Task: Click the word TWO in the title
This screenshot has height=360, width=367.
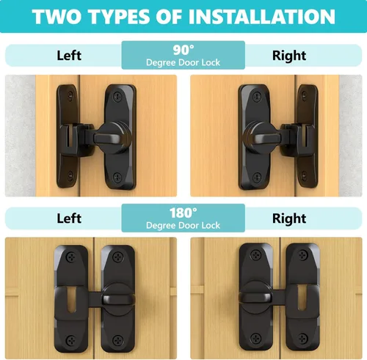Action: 57,17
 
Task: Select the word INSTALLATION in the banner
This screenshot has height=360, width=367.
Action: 261,17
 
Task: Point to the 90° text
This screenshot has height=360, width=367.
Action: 183,50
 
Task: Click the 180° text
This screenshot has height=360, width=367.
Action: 183,213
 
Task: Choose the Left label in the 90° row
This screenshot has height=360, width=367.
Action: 69,56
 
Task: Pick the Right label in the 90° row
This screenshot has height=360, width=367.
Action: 289,56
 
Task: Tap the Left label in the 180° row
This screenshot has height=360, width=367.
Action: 69,218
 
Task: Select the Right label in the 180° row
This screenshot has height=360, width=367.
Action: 289,218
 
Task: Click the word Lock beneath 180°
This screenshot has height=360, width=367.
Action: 211,225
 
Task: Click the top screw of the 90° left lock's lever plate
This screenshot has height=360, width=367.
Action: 118,97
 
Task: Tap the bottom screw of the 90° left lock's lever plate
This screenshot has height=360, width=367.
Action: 118,177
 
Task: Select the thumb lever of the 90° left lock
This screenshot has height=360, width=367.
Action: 106,139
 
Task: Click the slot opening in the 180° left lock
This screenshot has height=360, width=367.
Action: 71,300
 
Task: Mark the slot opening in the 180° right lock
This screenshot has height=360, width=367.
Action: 302,298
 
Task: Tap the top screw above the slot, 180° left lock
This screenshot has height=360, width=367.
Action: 72,257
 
